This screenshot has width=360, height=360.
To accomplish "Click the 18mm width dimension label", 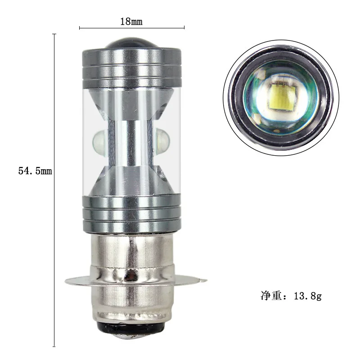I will [x=131, y=21].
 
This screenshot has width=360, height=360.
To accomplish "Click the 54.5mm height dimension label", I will [x=35, y=171].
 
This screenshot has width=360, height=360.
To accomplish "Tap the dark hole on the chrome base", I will [x=131, y=275].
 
